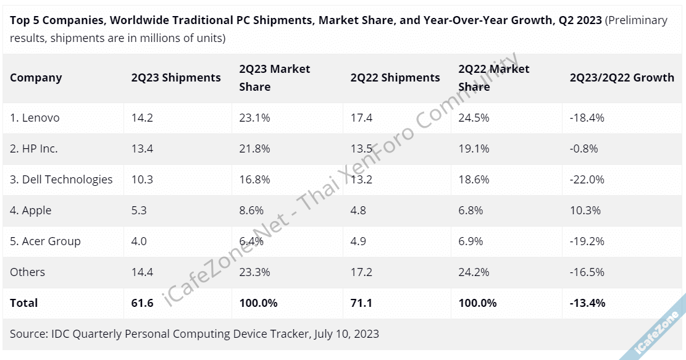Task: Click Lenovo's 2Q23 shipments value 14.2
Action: click(142, 118)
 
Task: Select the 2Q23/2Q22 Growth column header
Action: click(622, 78)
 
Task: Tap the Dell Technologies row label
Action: click(61, 180)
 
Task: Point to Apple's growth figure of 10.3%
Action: click(585, 211)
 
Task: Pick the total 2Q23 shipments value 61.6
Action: click(142, 303)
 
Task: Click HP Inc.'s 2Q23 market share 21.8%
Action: click(254, 149)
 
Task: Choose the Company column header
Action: click(36, 78)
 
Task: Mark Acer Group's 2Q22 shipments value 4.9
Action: click(358, 241)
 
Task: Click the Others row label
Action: click(27, 272)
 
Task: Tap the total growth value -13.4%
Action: click(587, 303)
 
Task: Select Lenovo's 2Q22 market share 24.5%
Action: click(474, 118)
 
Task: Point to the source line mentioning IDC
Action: click(195, 334)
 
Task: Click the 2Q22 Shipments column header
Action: click(395, 78)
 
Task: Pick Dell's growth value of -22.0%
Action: click(587, 180)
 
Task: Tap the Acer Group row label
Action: click(45, 241)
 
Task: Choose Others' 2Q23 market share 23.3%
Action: click(254, 272)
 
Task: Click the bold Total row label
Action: click(24, 303)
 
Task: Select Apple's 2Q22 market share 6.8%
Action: click(471, 211)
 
